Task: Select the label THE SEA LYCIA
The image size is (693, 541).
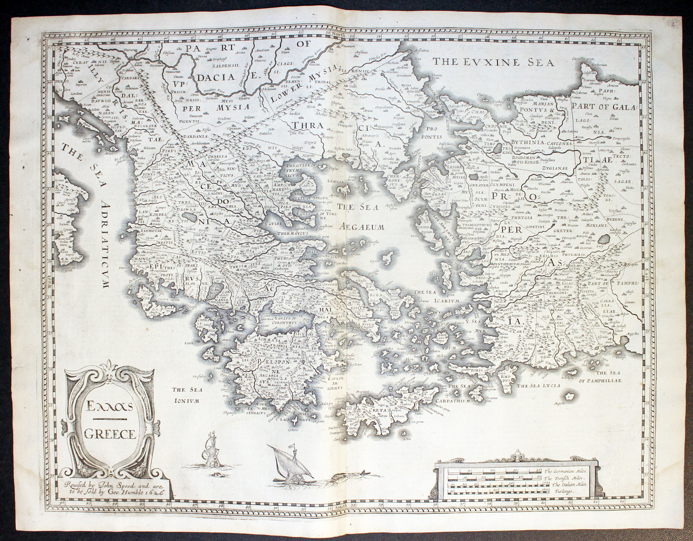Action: (538, 385)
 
